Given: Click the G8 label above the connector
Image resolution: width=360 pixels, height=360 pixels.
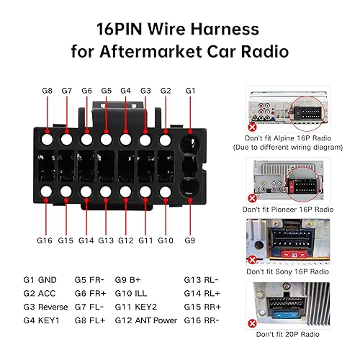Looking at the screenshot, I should coord(48,91).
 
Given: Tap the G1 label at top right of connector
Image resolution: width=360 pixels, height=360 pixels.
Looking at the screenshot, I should coord(191,91).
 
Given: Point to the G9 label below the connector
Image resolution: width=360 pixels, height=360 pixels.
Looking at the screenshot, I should coord(191,240).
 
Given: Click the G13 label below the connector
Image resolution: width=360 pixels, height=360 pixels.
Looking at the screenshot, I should coord(106,240).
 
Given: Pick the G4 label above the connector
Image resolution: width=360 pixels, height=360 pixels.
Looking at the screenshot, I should coord(125,91).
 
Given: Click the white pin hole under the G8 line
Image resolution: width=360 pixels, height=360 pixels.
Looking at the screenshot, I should coord(48,140).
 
